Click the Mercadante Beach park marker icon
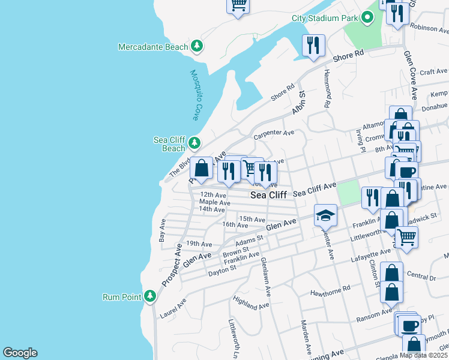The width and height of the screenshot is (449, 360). tap(196, 47)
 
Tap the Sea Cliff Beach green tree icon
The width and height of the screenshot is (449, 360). tap(194, 143)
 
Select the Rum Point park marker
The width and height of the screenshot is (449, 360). tap(149, 296)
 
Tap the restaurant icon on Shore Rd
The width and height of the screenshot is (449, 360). tap(313, 46)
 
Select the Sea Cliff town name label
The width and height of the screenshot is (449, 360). tap(268, 195)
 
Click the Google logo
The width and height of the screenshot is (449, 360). tap(20, 353)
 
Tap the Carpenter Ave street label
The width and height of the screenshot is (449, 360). tap(274, 133)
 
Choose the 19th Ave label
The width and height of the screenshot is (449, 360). tap(199, 244)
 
